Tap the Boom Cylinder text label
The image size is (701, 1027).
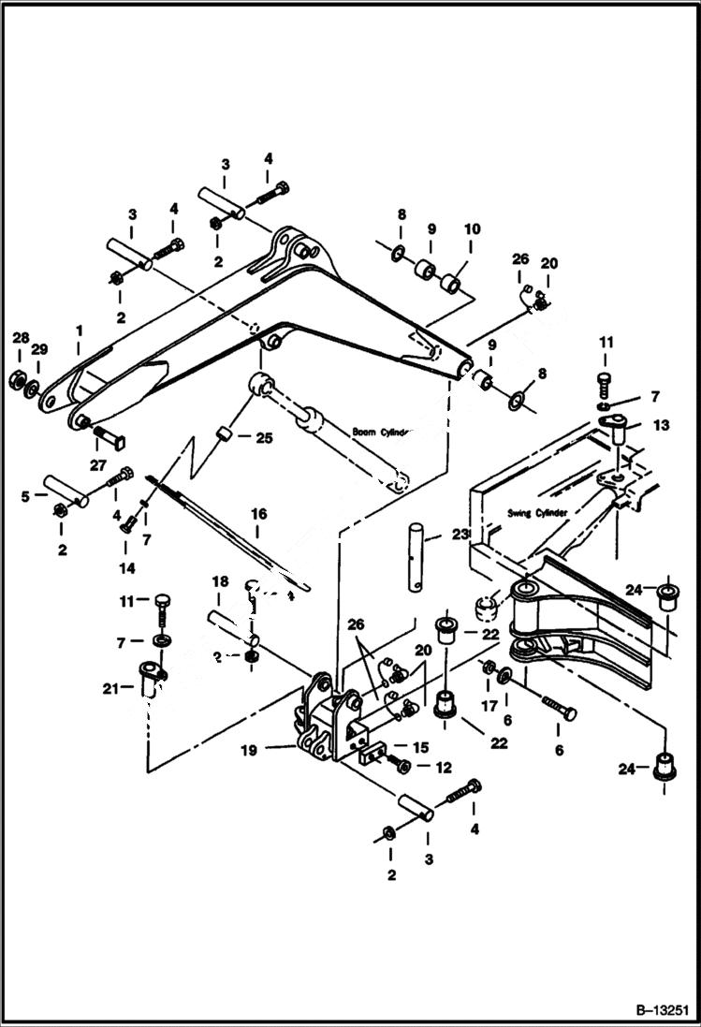click(381, 433)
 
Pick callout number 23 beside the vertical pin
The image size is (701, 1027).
click(459, 535)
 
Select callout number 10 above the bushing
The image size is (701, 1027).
click(471, 228)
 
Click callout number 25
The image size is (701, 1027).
click(264, 437)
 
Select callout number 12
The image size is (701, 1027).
click(442, 768)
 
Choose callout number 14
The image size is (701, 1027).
click(125, 567)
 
